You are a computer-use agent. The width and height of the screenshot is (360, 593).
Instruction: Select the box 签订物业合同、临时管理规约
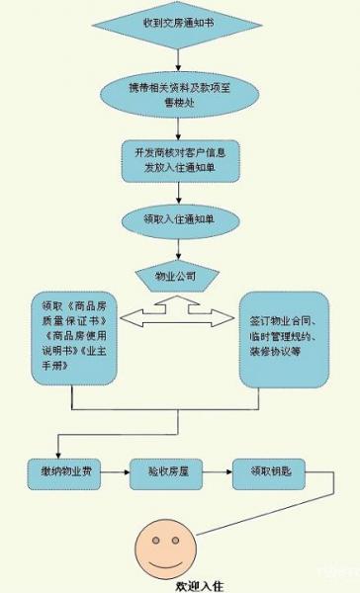[x=285, y=336]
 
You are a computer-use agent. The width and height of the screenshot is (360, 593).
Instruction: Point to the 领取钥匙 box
[x=262, y=474]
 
